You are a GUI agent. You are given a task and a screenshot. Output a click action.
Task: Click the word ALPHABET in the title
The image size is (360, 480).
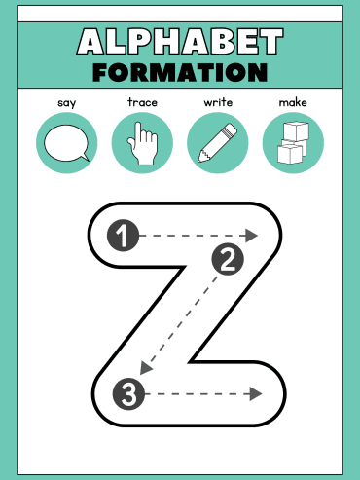point(180,41)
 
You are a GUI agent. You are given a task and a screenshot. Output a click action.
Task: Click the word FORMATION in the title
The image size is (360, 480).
point(180,72)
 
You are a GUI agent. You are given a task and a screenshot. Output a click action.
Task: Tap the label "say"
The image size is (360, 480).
point(67,103)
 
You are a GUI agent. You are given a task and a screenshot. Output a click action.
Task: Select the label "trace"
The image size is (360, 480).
point(142,102)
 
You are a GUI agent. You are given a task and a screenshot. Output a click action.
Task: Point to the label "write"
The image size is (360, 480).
point(218,102)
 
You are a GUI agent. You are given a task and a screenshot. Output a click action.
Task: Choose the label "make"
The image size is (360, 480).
point(293,102)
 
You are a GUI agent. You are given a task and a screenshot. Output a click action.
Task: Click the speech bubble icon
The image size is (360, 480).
point(66,143)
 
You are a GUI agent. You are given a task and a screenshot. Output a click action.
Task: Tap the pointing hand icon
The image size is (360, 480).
point(143,143)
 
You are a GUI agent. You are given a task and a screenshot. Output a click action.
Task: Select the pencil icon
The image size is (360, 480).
point(218,142)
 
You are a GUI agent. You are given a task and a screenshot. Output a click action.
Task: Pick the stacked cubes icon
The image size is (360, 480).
point(293,142)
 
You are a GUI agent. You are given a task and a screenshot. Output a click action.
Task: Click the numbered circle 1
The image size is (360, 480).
point(123,236)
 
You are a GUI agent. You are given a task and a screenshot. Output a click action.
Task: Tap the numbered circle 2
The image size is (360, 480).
point(228,259)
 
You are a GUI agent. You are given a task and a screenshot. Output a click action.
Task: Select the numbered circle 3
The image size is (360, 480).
point(128,394)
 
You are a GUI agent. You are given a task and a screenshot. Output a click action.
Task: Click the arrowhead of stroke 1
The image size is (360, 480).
point(251,236)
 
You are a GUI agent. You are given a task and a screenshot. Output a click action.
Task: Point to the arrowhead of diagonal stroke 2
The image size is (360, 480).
point(145,368)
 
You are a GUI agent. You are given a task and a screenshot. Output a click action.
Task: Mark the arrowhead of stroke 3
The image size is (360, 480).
point(256,394)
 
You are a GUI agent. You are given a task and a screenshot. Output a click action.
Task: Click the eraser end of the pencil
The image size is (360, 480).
point(230,129)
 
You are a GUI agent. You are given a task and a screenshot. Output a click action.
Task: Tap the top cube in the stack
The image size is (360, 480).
point(296,130)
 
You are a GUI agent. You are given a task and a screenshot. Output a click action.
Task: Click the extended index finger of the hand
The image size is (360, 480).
point(138,133)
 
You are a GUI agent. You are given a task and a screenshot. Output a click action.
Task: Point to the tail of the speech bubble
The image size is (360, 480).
point(86,157)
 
